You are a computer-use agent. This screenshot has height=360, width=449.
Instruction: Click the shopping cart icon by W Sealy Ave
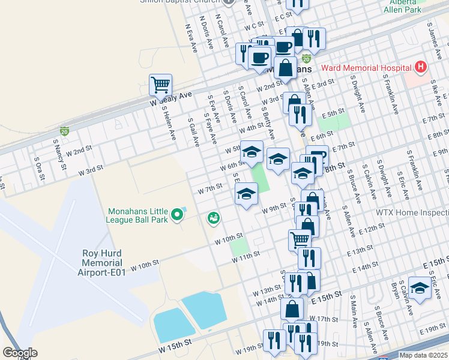click(x=160, y=86)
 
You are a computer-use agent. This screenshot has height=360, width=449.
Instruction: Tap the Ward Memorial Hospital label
click(x=372, y=68)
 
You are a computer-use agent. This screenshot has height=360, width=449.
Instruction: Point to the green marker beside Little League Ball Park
click(x=176, y=214)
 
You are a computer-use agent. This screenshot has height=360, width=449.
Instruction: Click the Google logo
click(x=20, y=353)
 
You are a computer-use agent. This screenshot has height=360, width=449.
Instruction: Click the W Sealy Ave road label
click(x=170, y=99)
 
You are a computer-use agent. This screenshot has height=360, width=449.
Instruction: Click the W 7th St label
click(x=210, y=189)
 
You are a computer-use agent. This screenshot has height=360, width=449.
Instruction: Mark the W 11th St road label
click(x=246, y=254)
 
